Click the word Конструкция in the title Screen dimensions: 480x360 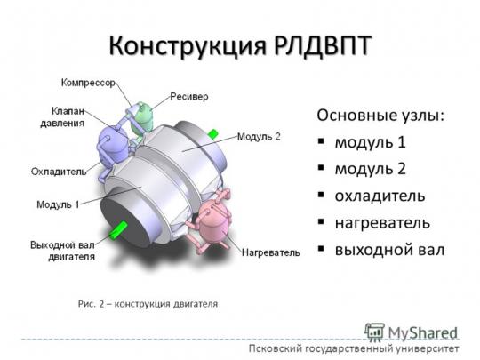coord(188,46)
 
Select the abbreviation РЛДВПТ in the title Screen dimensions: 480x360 coord(323,45)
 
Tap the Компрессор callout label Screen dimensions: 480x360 coord(89,83)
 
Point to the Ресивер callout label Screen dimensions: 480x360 coord(189,97)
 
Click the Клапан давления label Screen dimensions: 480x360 coord(63,117)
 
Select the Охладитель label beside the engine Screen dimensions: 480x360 coord(59,172)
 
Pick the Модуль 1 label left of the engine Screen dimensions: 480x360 coord(58,204)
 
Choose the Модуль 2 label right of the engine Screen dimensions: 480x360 coord(259,137)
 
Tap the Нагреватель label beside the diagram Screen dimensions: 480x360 coord(271,252)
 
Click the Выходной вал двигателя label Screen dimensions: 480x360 coord(63,251)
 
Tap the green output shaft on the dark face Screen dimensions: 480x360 coord(118,229)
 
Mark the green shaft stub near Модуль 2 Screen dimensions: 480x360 coord(213,133)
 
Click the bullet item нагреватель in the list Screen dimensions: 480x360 coord(382,223)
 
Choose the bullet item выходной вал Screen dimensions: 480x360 coord(389,250)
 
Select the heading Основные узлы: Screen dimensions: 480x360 coord(380,116)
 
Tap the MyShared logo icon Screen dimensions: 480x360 coord(374,332)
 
